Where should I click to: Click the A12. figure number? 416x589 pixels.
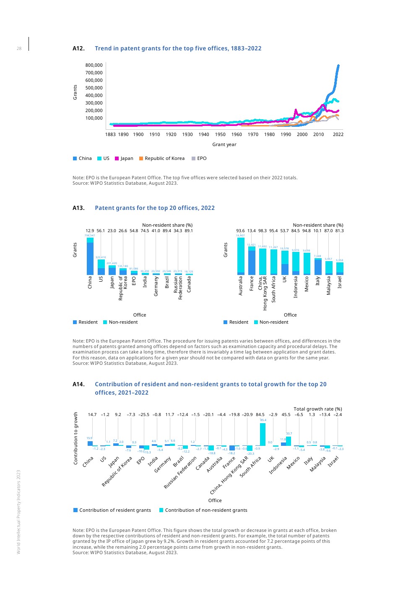click(78, 48)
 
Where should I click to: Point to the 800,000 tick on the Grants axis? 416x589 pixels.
click(94, 65)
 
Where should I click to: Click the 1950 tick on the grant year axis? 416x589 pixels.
click(220, 134)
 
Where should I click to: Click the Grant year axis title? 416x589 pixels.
click(224, 144)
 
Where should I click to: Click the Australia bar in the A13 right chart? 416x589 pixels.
click(241, 256)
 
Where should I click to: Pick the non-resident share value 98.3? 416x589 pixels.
click(263, 230)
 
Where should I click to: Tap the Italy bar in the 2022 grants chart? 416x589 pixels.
click(318, 267)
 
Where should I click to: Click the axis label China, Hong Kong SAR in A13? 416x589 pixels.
click(263, 293)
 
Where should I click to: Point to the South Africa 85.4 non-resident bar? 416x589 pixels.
click(263, 434)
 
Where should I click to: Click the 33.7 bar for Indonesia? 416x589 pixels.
click(289, 441)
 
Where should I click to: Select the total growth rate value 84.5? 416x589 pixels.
click(260, 414)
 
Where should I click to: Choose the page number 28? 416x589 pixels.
click(19, 49)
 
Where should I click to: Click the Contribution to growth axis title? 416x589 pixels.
click(75, 438)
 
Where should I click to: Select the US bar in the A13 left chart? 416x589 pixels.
click(101, 267)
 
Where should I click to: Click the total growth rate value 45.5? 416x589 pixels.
click(286, 414)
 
